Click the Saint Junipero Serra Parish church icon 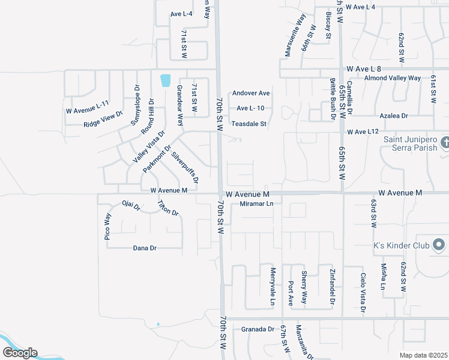point(444,143)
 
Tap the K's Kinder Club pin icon point(439,245)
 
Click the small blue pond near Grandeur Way point(165,80)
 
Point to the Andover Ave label point(252,93)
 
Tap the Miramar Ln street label point(256,204)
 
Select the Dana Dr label point(145,248)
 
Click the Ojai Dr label point(130,207)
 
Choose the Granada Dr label point(258,329)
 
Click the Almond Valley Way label point(393,78)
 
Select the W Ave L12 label point(363,131)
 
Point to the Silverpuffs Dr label point(185,167)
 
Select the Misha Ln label point(383,276)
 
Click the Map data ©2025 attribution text point(423,355)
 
